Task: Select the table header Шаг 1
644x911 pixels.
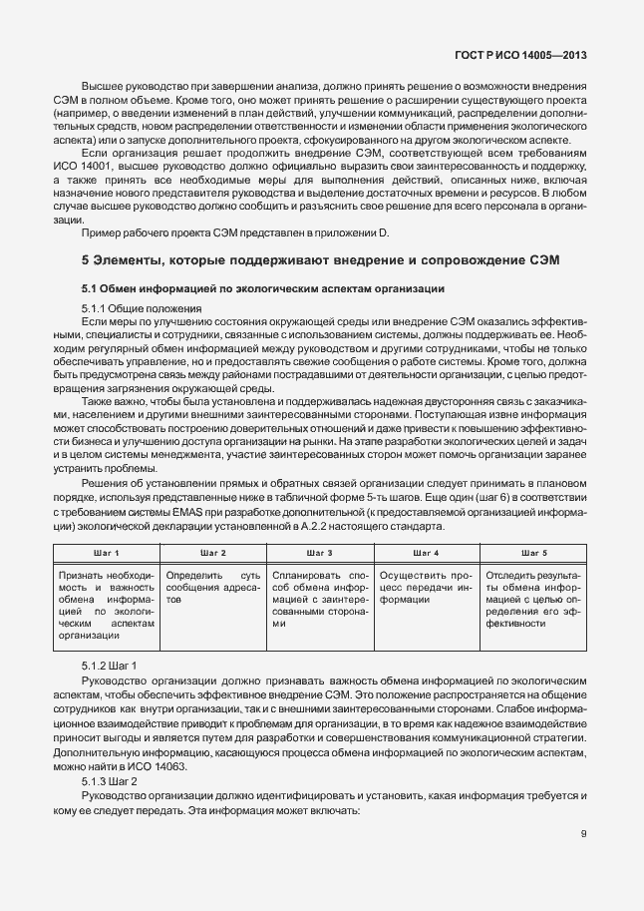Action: tap(104, 552)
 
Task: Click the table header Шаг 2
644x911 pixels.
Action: tap(212, 552)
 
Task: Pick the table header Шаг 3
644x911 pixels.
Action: tap(319, 552)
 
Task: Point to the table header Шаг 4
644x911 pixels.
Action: tap(426, 552)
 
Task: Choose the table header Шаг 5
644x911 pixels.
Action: tap(534, 552)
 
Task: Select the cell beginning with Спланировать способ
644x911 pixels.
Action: tap(319, 599)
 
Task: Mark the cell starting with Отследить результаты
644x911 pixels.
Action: tap(533, 599)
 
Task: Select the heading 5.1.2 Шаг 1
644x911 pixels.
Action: tap(110, 665)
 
